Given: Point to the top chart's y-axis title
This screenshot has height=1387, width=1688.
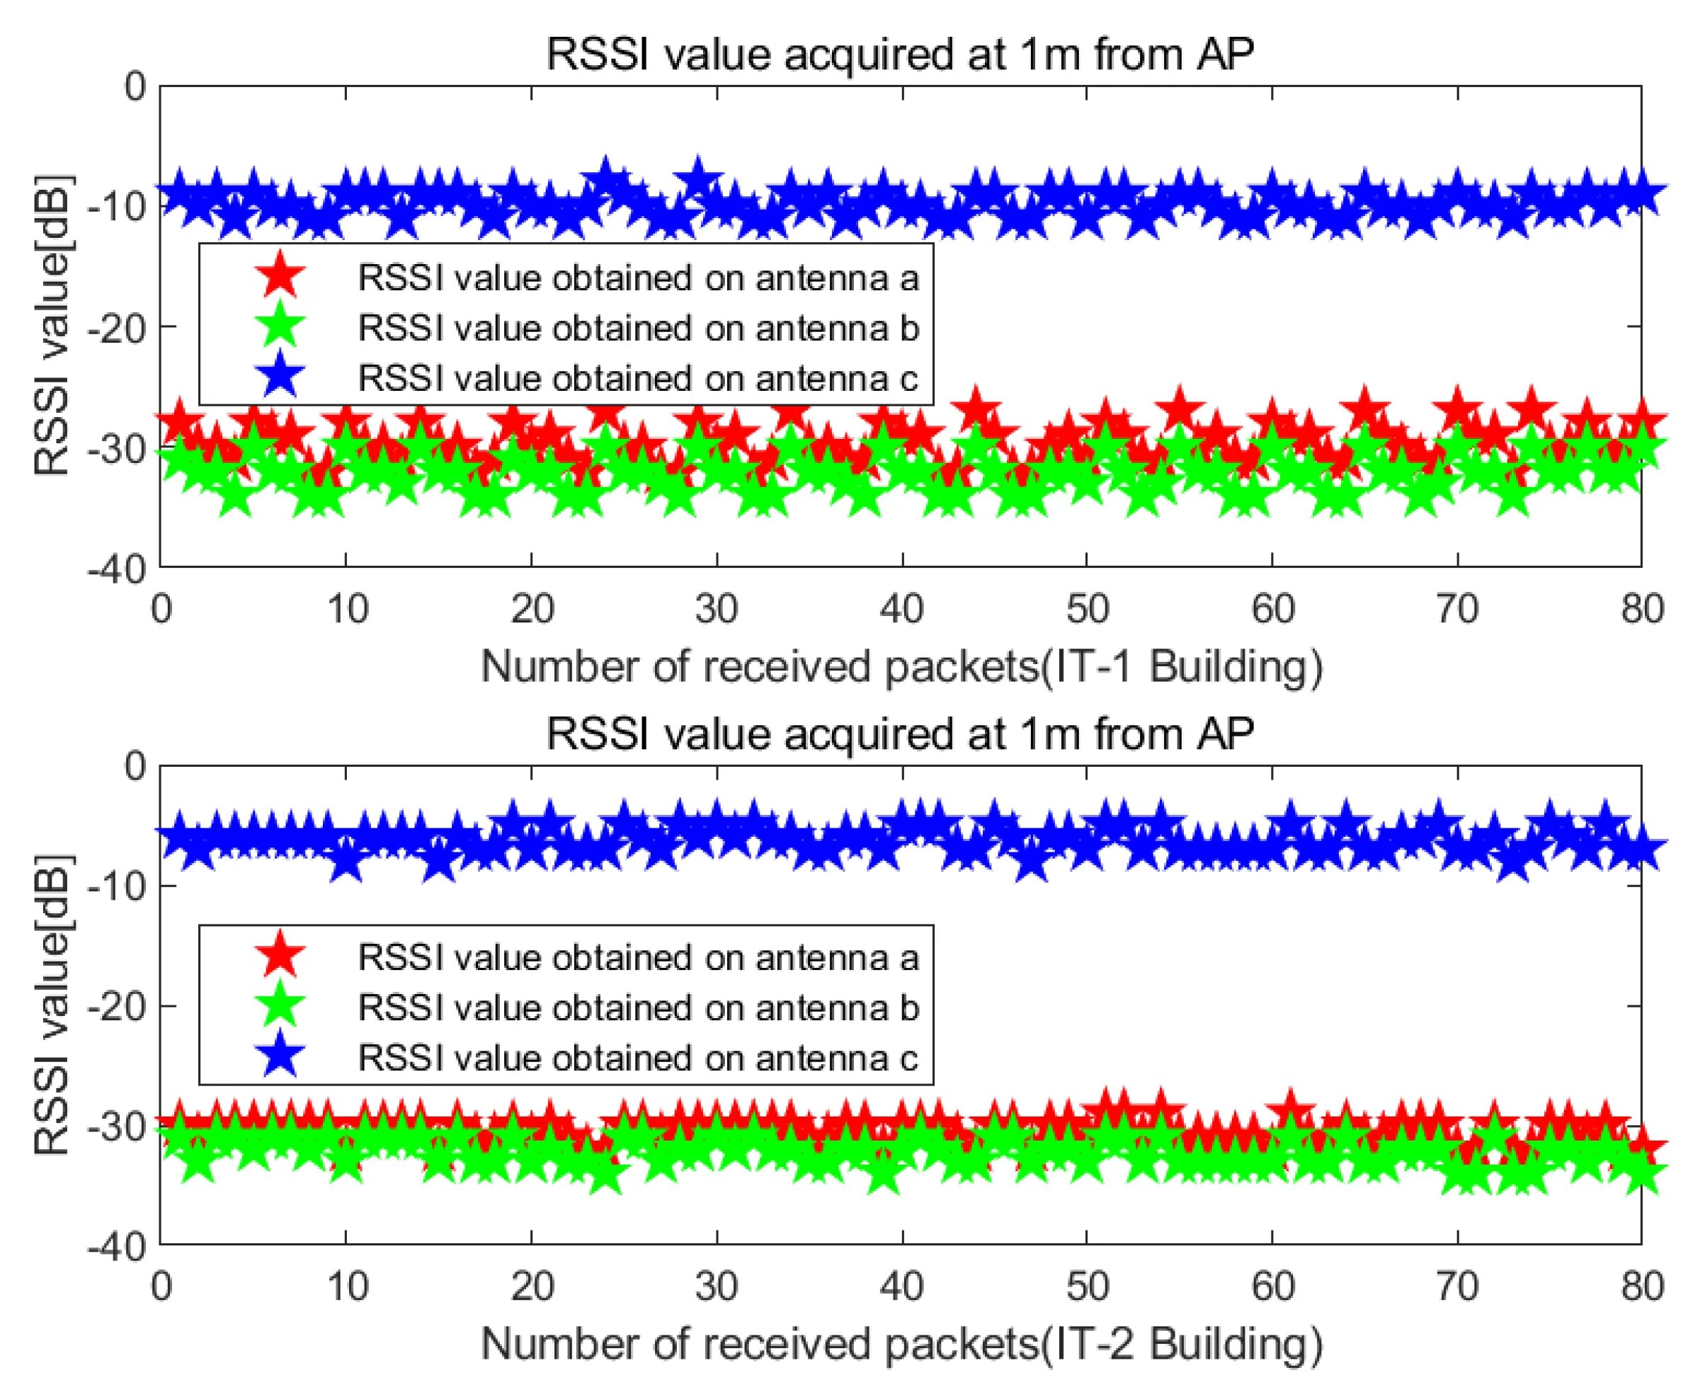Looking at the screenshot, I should [52, 326].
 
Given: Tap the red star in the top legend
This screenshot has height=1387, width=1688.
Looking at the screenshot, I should [280, 278].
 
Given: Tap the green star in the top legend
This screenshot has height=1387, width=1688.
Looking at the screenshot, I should [280, 328].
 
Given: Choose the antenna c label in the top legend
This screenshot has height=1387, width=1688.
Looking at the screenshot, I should [638, 378].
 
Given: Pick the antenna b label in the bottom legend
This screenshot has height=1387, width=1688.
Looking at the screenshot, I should [638, 1007].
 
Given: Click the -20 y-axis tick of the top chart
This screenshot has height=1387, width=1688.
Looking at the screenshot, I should [120, 326].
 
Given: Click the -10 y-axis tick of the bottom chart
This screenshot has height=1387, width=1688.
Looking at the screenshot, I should [120, 885].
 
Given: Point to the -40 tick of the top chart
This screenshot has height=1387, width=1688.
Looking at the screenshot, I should [120, 567].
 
